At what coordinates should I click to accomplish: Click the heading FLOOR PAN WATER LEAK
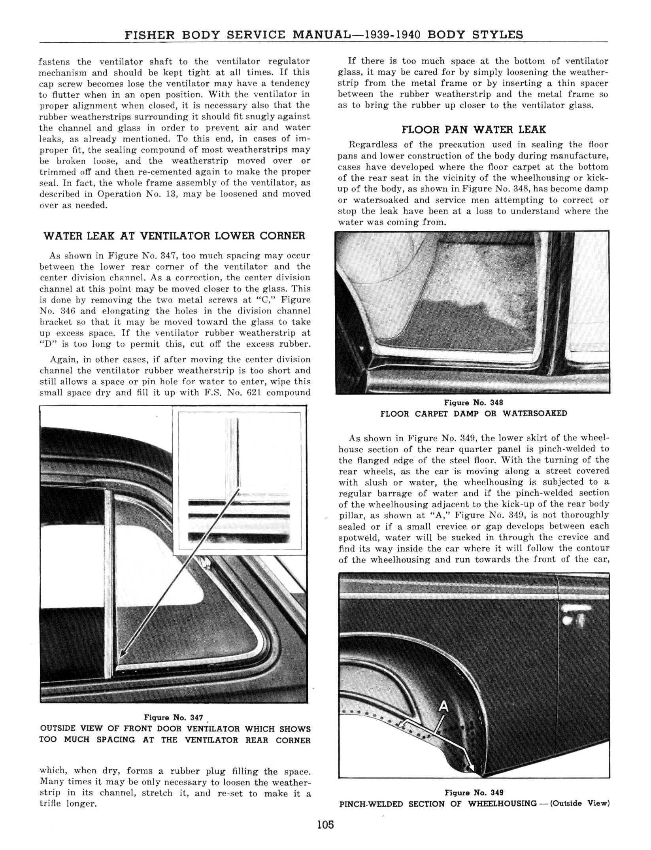(474, 130)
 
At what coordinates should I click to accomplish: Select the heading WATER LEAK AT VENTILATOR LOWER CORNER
(174, 236)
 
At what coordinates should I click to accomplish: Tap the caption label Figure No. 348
(474, 402)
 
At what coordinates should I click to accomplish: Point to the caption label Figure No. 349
(474, 793)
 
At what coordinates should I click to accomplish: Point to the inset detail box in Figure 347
(239, 480)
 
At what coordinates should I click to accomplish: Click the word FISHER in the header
(149, 35)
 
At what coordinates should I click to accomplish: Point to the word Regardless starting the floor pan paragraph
(372, 145)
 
